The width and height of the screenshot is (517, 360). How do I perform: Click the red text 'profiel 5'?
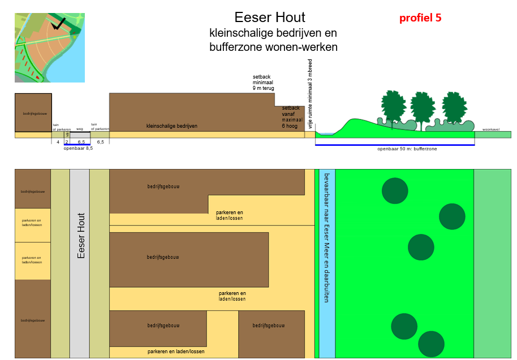pyautogui.click(x=420, y=18)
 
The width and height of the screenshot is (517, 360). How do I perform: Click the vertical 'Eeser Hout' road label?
pyautogui.click(x=81, y=236)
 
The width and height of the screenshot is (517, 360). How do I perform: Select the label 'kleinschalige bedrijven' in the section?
pyautogui.click(x=172, y=125)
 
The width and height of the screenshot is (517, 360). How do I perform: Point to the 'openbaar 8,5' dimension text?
pyautogui.click(x=78, y=148)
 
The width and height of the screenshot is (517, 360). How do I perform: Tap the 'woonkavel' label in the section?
pyautogui.click(x=490, y=129)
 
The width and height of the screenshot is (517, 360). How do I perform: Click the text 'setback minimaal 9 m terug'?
pyautogui.click(x=264, y=83)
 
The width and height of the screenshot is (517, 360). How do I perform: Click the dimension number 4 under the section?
pyautogui.click(x=58, y=142)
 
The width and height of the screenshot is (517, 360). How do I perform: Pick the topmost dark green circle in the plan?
pyautogui.click(x=395, y=190)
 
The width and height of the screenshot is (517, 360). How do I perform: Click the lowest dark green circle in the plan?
pyautogui.click(x=431, y=344)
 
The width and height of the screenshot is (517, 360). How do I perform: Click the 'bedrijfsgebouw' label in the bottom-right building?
pyautogui.click(x=268, y=326)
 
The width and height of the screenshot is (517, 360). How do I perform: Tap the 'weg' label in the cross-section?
pyautogui.click(x=80, y=129)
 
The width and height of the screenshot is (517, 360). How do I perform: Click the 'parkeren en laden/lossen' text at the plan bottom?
pyautogui.click(x=176, y=352)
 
